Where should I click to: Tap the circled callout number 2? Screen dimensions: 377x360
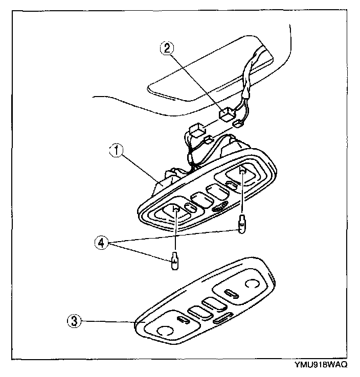(167, 49)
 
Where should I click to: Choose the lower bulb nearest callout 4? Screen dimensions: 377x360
(174, 264)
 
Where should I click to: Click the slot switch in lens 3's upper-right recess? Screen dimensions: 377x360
(232, 293)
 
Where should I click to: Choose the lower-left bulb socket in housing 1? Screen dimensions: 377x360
(174, 210)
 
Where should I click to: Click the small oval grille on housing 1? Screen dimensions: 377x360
(219, 207)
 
